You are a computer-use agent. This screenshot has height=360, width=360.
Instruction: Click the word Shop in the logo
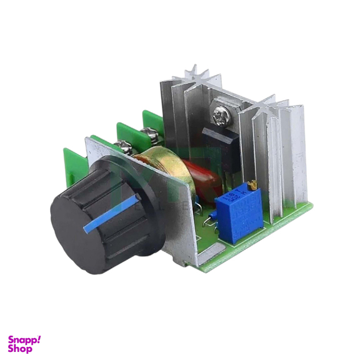[x=20, y=349]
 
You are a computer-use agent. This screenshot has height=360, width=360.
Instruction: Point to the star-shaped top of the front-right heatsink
[x=275, y=107]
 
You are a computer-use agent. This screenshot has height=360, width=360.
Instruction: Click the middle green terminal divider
[x=127, y=132]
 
